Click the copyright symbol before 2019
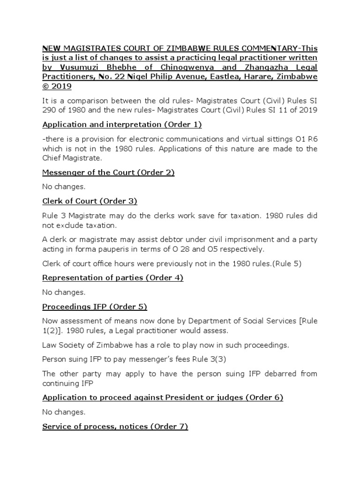click(x=46, y=86)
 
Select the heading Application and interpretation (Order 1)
click(x=122, y=125)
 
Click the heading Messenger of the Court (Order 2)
click(x=108, y=172)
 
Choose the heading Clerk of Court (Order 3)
click(x=90, y=201)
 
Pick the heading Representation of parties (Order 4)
click(x=112, y=277)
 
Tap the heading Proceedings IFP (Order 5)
click(x=95, y=307)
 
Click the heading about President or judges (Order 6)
click(x=163, y=397)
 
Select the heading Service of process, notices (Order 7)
click(x=115, y=427)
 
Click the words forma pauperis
click(x=90, y=248)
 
